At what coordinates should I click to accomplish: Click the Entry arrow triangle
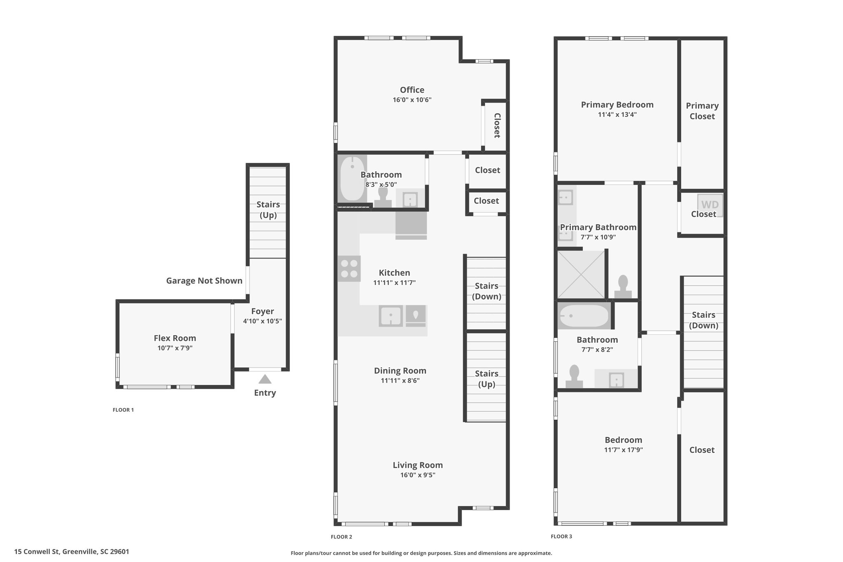point(265,379)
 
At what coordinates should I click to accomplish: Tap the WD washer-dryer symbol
point(710,205)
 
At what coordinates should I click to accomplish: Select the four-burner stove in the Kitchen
point(349,268)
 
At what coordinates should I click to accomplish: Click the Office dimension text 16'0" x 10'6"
point(412,100)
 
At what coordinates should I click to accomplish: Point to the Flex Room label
point(175,338)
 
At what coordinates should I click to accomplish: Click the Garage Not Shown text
point(204,281)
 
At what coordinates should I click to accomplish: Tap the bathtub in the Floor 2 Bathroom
point(352,178)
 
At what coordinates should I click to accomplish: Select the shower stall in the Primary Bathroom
point(581,274)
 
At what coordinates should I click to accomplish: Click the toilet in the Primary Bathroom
point(623,287)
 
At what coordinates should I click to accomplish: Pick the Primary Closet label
point(702,111)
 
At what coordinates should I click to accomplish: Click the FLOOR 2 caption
point(342,537)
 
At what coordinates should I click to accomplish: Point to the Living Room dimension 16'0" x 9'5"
point(418,475)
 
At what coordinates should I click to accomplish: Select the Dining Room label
point(400,371)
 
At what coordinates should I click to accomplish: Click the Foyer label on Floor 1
point(263,312)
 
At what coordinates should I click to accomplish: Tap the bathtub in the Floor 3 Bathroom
point(583,316)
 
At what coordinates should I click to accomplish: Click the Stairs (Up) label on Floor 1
point(268,210)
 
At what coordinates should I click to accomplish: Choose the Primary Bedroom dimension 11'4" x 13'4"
point(617,114)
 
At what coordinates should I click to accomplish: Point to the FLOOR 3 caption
point(561,536)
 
